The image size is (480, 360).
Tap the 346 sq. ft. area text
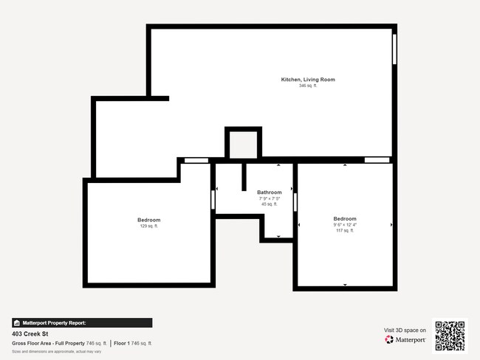(x=307, y=86)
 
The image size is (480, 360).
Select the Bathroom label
(x=269, y=193)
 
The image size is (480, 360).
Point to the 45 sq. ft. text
(x=269, y=204)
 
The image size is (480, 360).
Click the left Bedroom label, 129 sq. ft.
(x=148, y=220)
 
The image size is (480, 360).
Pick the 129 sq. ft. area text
(x=148, y=226)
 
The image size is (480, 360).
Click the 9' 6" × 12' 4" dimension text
(x=345, y=225)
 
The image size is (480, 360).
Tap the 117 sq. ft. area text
(x=345, y=231)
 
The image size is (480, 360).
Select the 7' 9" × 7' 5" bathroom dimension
(x=269, y=198)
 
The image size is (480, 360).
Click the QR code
(x=450, y=336)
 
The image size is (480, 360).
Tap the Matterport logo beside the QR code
(x=405, y=340)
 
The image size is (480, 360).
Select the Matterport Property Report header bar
(x=82, y=322)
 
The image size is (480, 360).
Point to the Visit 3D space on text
(x=405, y=330)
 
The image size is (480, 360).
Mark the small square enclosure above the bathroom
(x=243, y=143)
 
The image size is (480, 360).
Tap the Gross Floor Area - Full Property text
(x=48, y=343)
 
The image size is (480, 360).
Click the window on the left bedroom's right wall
(x=213, y=200)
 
